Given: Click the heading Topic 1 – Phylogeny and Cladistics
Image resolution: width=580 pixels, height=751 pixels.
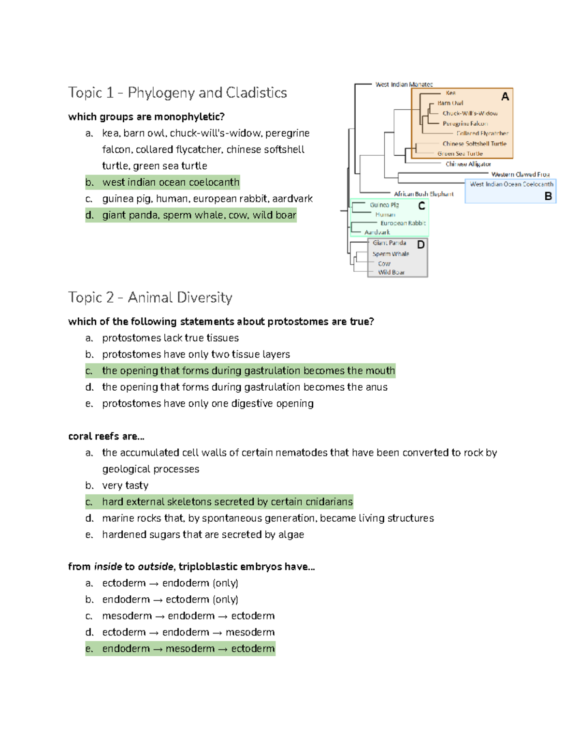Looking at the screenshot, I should (177, 92).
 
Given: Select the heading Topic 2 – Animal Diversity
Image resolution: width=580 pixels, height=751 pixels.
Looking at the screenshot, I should (150, 297).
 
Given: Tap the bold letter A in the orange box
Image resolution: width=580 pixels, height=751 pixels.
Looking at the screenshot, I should (505, 97).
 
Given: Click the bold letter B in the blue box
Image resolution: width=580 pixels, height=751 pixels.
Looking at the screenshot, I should (548, 196).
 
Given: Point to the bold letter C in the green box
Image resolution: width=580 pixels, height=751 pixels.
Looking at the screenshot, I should (421, 206).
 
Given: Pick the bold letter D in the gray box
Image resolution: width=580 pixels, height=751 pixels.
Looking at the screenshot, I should (421, 245).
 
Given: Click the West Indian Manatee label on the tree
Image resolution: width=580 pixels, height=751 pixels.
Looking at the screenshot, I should (404, 84).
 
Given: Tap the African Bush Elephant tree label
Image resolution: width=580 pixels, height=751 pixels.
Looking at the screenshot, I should (423, 194).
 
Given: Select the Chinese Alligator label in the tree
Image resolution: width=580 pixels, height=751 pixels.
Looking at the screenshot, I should (468, 164).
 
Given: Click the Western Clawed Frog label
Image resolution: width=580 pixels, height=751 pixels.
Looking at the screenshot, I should (520, 174).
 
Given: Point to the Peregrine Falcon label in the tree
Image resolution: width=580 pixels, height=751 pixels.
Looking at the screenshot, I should (465, 123).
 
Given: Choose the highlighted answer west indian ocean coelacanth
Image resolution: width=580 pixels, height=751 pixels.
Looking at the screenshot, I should (171, 182).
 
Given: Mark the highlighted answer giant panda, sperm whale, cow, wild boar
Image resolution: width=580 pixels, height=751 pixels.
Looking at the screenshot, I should (199, 215).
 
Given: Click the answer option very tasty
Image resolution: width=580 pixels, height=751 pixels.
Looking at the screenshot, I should (125, 485).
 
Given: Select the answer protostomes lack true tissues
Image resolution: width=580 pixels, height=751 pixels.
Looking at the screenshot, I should (170, 338).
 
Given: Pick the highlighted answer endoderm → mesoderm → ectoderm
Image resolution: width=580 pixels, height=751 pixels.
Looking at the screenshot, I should (188, 648).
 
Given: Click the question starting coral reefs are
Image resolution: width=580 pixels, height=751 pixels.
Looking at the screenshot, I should (106, 436).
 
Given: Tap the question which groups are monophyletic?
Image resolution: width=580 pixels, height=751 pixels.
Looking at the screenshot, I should (146, 117).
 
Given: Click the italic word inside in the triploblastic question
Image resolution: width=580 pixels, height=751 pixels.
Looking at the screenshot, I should (108, 566).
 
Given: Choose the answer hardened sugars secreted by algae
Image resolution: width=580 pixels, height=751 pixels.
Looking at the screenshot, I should (203, 534).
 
